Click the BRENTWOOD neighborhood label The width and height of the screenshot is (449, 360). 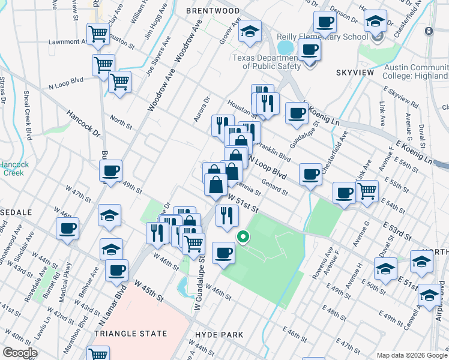tap(212, 11)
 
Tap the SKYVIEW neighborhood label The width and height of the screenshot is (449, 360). tap(355, 73)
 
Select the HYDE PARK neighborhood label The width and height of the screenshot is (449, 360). tap(219, 335)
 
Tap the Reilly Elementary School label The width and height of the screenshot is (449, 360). tap(322, 37)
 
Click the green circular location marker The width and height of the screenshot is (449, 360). tap(243, 237)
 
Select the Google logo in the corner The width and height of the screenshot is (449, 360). tap(20, 353)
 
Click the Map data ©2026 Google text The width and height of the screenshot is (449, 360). tap(412, 355)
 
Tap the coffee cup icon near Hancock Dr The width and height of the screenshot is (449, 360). tap(111, 171)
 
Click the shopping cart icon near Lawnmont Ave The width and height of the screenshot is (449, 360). tap(97, 34)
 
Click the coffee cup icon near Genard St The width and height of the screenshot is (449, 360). tap(310, 175)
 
